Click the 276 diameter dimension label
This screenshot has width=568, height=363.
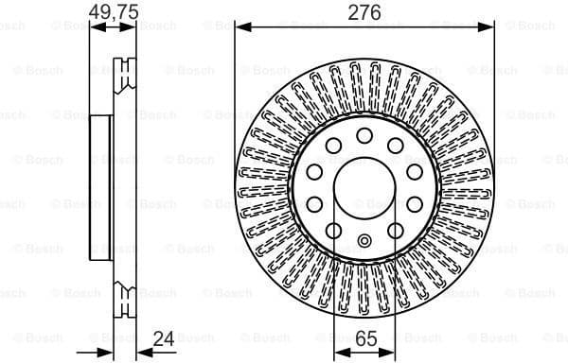pos(364,12)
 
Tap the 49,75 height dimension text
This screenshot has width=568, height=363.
pos(113,12)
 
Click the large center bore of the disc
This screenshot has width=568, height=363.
pos(364,186)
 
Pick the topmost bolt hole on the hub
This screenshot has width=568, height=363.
pos(364,136)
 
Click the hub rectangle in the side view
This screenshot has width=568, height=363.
pos(102,186)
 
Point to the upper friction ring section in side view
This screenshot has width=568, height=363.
pos(124,85)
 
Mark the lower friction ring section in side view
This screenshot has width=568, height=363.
pos(124,288)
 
